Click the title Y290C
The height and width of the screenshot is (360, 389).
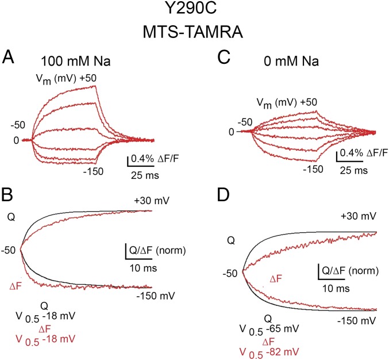(194, 12)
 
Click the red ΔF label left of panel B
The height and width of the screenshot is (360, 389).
(17, 286)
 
